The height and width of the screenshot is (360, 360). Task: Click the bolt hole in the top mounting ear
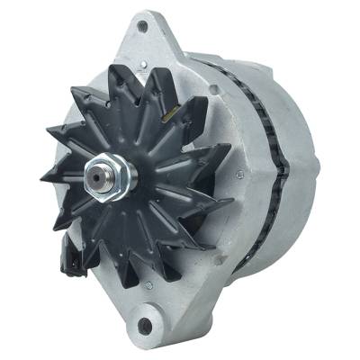[141, 26]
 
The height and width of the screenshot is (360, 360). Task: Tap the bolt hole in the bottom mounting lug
[144, 325]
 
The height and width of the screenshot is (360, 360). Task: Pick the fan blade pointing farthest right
[220, 202]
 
